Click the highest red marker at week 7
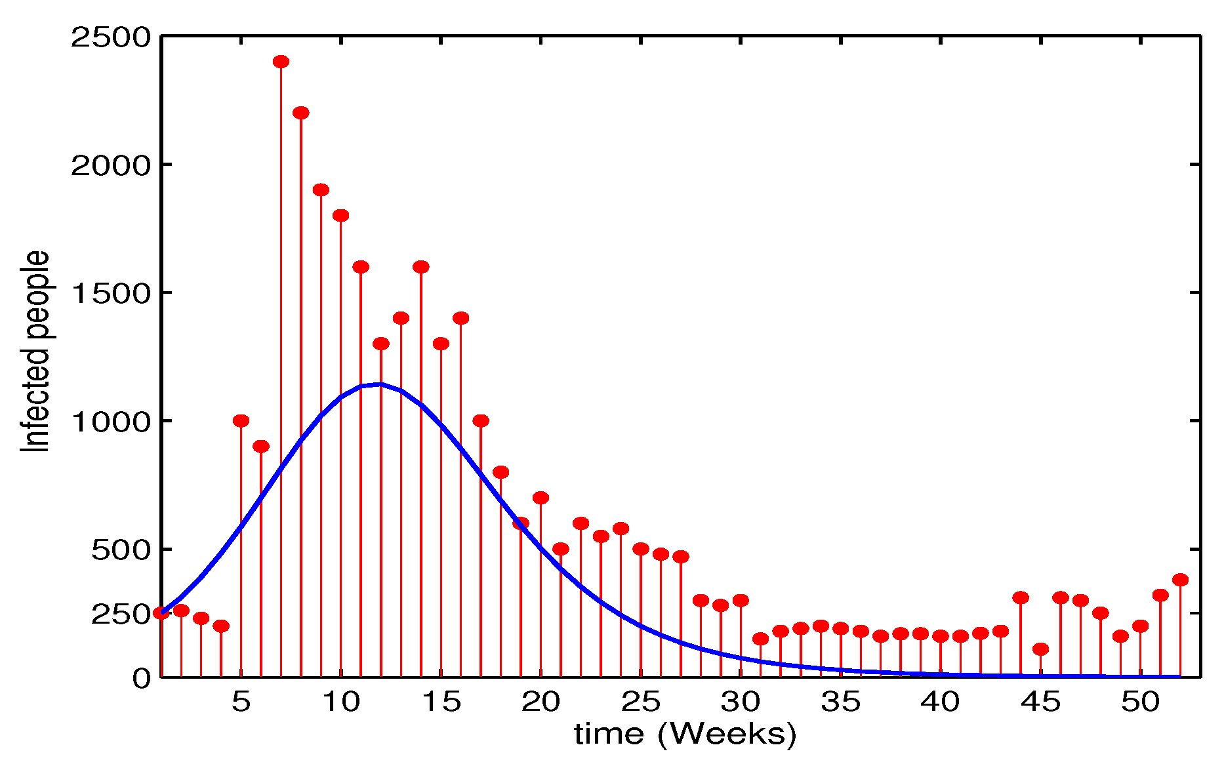tap(281, 62)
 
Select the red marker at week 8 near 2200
tap(301, 113)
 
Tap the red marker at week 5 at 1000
tap(241, 420)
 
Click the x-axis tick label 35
tap(840, 702)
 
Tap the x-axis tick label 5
tap(241, 702)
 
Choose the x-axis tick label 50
tap(1140, 702)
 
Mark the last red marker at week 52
tap(1180, 580)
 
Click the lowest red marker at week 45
tap(1040, 649)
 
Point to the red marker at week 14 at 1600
tap(421, 267)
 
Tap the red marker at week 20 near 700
tap(541, 498)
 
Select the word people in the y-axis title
tap(35, 295)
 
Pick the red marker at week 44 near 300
tap(1021, 597)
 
